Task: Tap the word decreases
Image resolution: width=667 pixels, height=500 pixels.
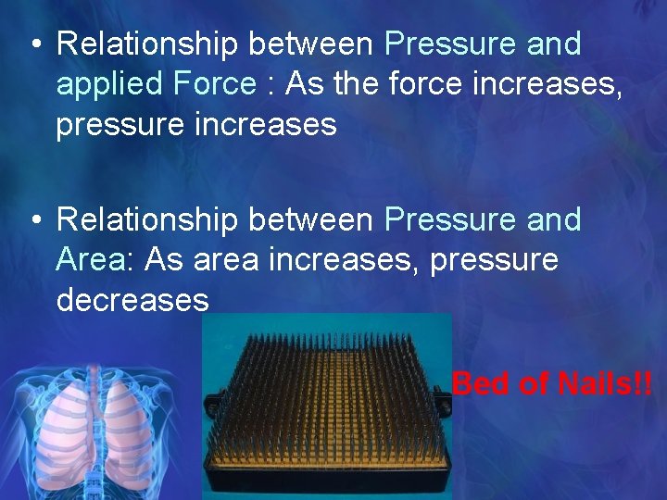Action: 132,299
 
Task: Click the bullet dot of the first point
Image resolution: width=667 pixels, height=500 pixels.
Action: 34,44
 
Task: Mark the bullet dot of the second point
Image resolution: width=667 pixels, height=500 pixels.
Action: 34,220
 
